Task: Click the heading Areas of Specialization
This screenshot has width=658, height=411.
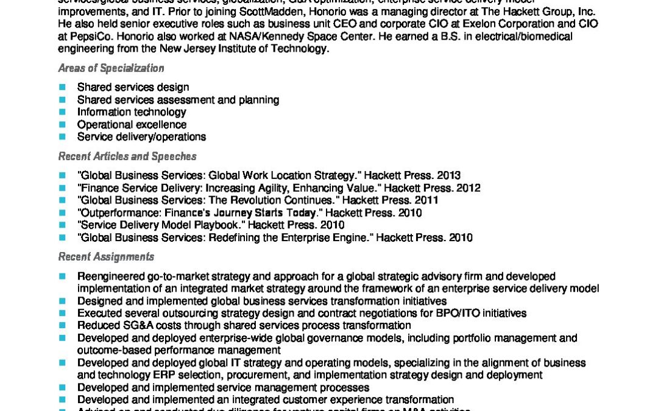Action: point(111,68)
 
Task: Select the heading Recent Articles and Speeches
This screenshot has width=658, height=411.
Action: point(127,156)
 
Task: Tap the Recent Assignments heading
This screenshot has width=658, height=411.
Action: point(106,257)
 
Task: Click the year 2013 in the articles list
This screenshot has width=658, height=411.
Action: point(448,175)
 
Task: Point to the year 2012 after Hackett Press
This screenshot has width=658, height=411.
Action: point(468,188)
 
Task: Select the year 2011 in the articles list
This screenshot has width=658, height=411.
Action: point(426,200)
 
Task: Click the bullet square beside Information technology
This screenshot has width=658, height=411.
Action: point(62,112)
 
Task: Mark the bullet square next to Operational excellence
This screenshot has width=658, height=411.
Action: point(62,125)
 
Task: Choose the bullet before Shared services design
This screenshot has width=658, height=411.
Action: point(62,87)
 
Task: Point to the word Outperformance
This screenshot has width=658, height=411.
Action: point(115,213)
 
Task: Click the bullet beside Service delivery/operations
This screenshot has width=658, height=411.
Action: point(62,137)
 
